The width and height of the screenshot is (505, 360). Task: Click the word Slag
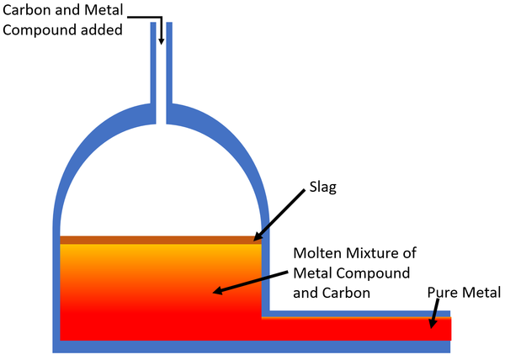(x=321, y=188)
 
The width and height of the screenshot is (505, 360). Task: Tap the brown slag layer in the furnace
(x=160, y=240)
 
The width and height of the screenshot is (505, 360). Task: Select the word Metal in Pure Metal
(x=482, y=293)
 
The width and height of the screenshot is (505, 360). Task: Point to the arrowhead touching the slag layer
(x=258, y=237)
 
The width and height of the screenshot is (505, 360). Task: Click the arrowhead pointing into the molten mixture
(x=216, y=292)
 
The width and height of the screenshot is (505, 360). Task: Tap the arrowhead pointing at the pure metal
(x=433, y=325)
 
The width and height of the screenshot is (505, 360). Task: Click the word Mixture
(x=378, y=253)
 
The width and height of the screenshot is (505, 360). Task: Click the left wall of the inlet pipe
(x=153, y=67)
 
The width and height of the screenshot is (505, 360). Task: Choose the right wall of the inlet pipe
(x=169, y=67)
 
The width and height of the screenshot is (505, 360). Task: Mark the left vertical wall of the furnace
(x=56, y=286)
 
